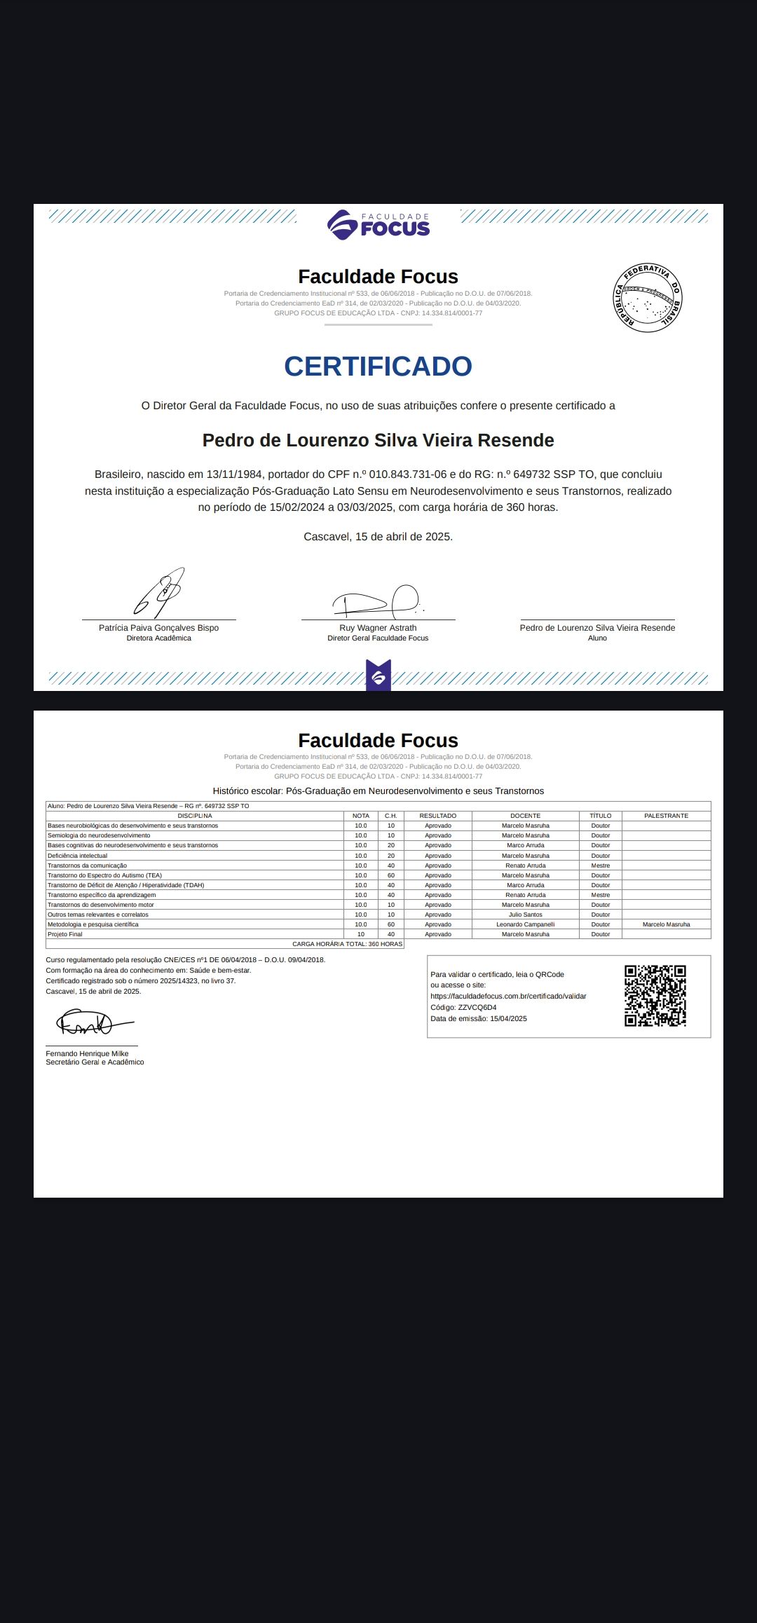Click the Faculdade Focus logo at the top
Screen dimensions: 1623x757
pyautogui.click(x=378, y=225)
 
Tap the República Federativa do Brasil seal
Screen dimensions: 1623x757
pyautogui.click(x=647, y=298)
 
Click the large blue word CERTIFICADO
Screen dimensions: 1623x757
pyautogui.click(x=378, y=367)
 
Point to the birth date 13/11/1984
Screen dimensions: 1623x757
pyautogui.click(x=234, y=474)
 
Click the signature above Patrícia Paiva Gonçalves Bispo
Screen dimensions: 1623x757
pyautogui.click(x=159, y=593)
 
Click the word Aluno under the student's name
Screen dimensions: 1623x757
pyautogui.click(x=597, y=638)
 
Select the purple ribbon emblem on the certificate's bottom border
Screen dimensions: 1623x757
pyautogui.click(x=378, y=676)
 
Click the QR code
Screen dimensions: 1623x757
pyautogui.click(x=655, y=996)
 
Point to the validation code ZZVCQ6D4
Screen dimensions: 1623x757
pyautogui.click(x=477, y=1008)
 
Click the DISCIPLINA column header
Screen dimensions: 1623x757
pyautogui.click(x=195, y=816)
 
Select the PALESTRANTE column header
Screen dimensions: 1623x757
pyautogui.click(x=666, y=816)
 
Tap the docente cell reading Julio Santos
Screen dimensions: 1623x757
pyautogui.click(x=526, y=915)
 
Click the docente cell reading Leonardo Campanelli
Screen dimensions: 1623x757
pyautogui.click(x=526, y=924)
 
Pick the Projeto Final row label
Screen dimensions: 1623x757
pyautogui.click(x=65, y=934)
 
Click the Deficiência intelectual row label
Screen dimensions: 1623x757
pyautogui.click(x=78, y=856)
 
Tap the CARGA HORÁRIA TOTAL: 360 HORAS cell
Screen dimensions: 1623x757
pyautogui.click(x=348, y=944)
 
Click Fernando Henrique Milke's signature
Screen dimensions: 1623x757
pyautogui.click(x=91, y=1025)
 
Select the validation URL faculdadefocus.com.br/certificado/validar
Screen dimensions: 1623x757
pyautogui.click(x=508, y=997)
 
